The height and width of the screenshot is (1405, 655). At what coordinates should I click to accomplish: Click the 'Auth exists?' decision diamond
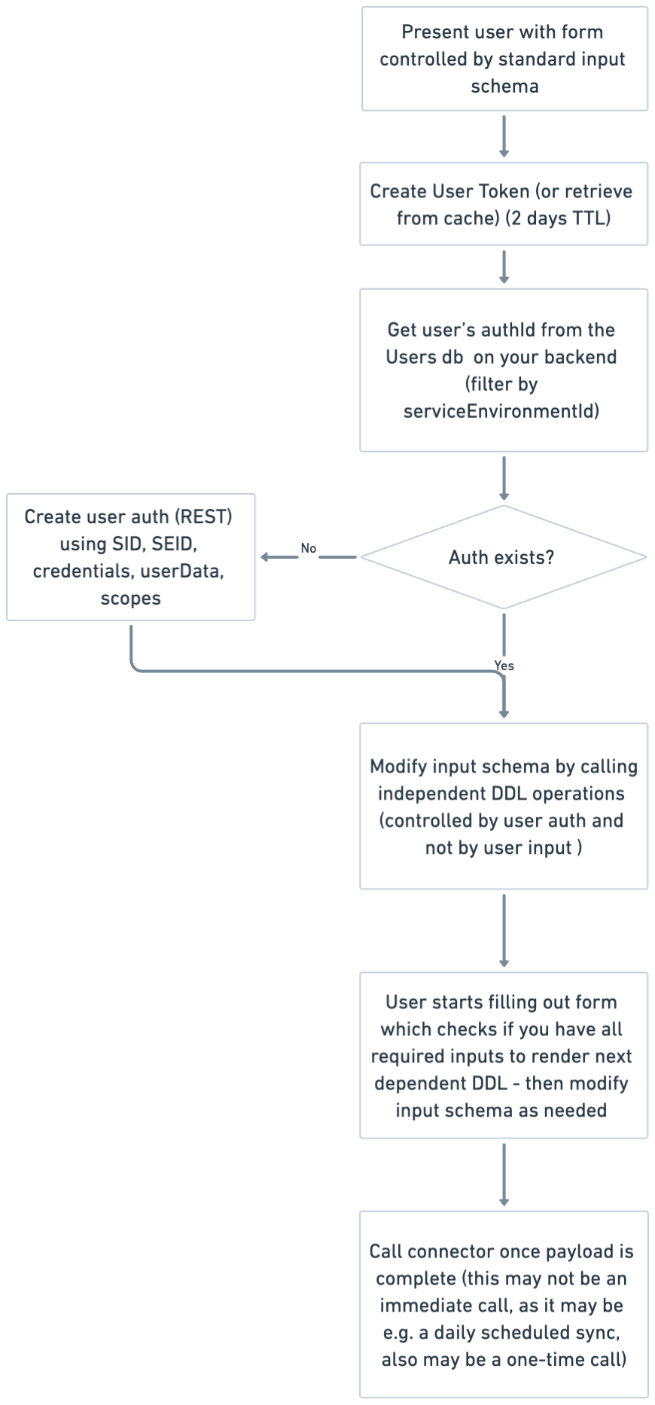coord(502,557)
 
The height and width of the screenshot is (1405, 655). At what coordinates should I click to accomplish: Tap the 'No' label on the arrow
coord(308,548)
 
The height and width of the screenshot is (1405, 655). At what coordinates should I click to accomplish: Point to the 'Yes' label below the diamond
coord(504,666)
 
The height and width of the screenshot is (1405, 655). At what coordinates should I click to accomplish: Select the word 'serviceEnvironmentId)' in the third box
coord(501,411)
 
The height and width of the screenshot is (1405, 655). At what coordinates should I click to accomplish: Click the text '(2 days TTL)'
coord(558,218)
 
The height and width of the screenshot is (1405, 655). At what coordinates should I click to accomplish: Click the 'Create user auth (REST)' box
coord(131,556)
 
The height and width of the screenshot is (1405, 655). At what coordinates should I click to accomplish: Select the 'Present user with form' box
coord(504,59)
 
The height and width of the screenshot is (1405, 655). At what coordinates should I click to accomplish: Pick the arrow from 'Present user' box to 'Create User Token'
coord(504,136)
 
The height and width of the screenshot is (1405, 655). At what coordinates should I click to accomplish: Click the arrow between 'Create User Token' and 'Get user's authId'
coord(504,267)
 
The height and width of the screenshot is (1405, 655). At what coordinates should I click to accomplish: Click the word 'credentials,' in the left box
coord(81,571)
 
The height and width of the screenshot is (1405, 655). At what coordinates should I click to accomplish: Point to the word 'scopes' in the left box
coord(131,598)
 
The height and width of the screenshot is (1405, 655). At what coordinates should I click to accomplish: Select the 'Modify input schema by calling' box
coord(504,806)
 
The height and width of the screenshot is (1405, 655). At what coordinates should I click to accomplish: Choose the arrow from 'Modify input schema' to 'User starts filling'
coord(504,931)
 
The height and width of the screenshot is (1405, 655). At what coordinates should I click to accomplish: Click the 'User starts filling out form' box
coord(504,1055)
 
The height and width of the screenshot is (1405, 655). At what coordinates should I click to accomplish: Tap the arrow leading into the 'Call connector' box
coord(504,1175)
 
